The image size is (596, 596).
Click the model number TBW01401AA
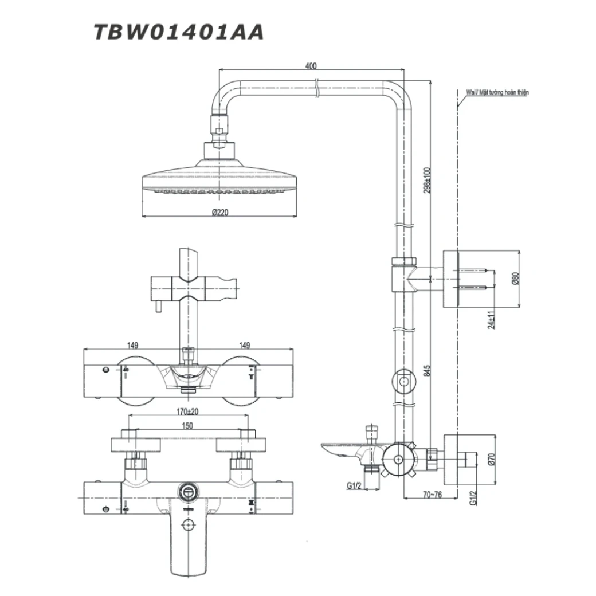[178, 32]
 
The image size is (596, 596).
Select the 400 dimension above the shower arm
[311, 66]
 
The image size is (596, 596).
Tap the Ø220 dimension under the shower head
[219, 212]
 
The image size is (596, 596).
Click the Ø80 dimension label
[515, 279]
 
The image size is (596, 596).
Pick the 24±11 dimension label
[491, 319]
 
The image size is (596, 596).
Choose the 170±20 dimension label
[187, 411]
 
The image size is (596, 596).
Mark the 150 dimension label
[187, 426]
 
